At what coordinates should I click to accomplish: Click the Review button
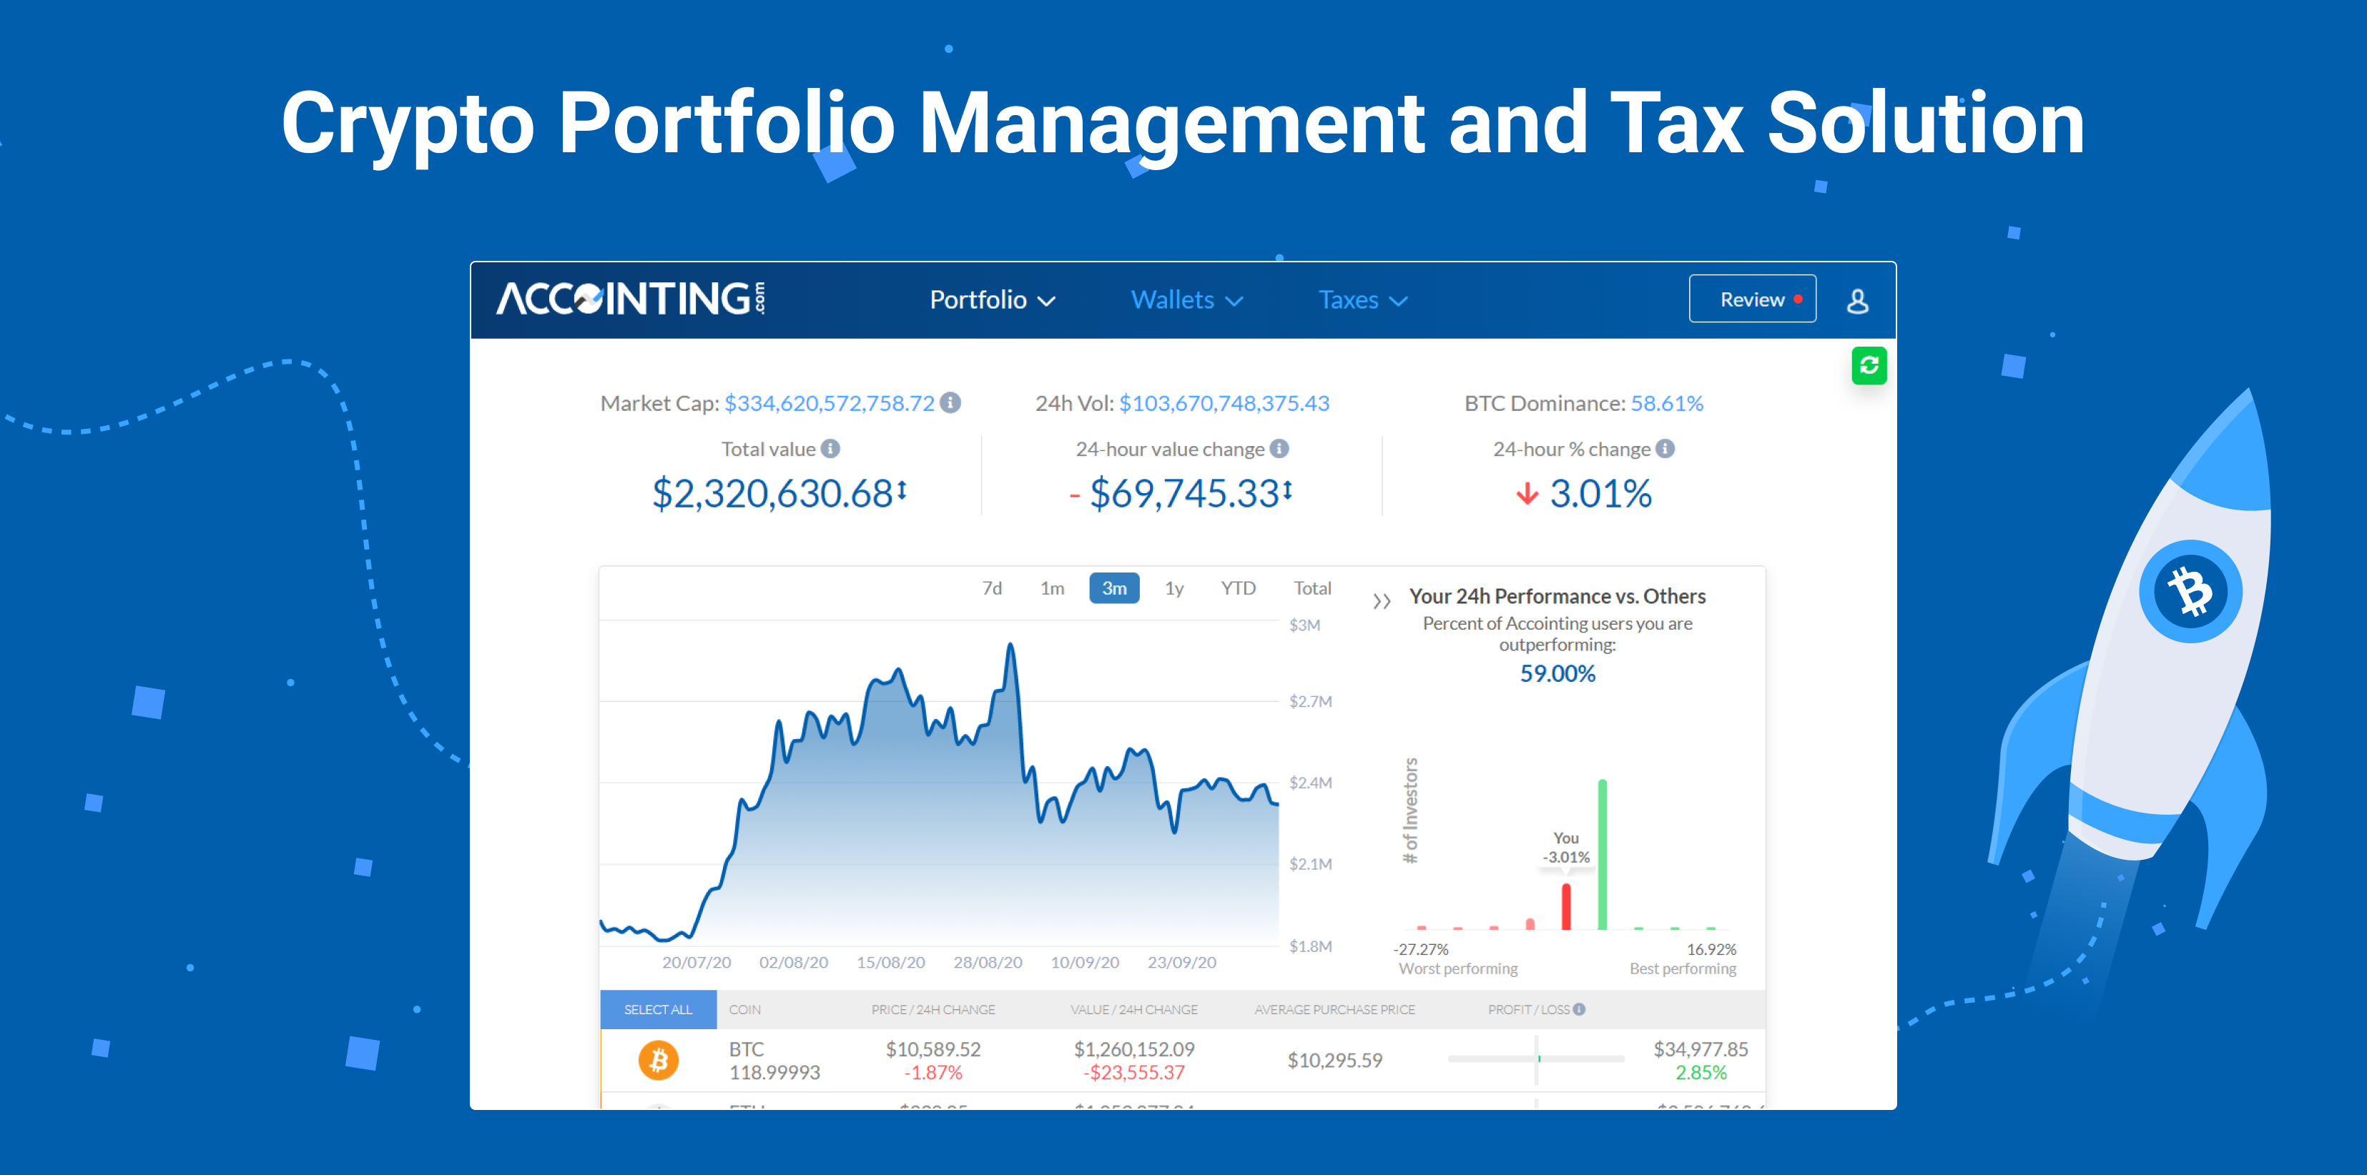1751,299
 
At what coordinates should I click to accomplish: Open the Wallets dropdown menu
1186,300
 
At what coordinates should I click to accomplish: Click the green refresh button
1868,366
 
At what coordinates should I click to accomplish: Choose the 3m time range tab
1113,588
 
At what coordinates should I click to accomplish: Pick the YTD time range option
1237,588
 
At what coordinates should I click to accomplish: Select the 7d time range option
991,588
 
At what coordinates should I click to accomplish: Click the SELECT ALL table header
658,1010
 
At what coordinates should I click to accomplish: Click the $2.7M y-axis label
1309,702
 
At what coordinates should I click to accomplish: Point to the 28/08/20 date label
987,963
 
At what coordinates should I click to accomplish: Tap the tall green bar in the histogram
1602,854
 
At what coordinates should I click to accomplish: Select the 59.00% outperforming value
1557,673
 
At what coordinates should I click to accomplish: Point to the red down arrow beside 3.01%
1526,495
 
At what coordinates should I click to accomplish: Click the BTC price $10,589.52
932,1049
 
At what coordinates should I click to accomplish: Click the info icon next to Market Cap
951,403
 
